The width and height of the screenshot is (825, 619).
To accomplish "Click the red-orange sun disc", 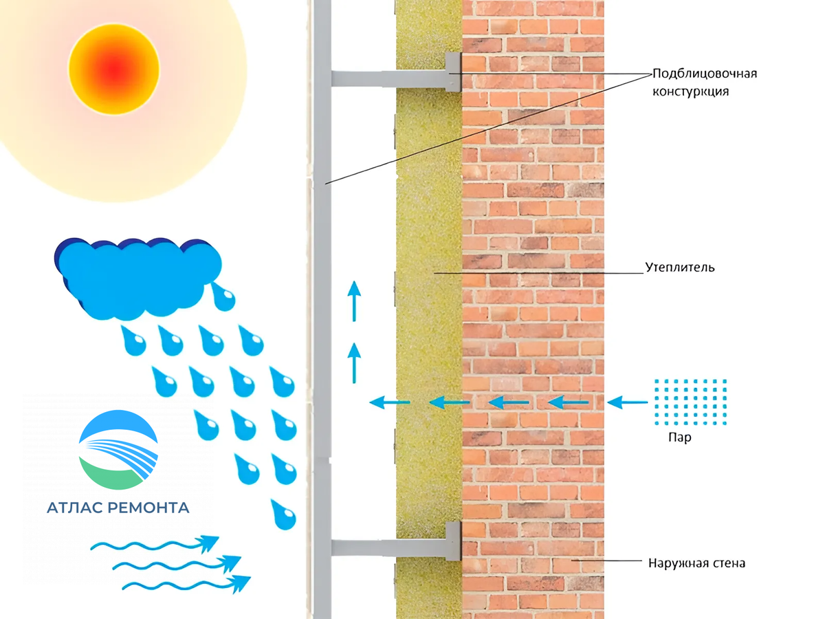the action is click(x=114, y=69).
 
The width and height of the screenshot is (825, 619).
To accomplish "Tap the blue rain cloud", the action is click(x=137, y=279).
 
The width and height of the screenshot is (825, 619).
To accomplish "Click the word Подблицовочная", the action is click(x=705, y=74).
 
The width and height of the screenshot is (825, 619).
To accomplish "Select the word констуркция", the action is click(x=690, y=91).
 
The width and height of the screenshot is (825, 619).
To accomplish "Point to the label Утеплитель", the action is click(x=680, y=268).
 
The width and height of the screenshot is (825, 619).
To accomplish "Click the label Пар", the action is click(x=679, y=437).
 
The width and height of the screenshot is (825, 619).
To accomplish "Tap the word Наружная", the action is click(x=674, y=563).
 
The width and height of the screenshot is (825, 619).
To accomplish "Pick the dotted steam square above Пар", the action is click(x=690, y=402).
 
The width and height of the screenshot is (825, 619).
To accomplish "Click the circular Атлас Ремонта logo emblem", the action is click(x=118, y=450).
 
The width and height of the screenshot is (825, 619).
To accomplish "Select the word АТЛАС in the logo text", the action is click(x=74, y=508).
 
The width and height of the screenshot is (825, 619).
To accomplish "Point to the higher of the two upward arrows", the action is click(x=354, y=301).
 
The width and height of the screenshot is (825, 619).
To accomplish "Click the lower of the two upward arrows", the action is click(x=354, y=363).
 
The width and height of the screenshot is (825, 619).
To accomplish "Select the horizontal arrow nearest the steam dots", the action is click(x=627, y=402).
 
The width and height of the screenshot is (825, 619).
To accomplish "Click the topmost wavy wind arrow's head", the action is click(x=209, y=543).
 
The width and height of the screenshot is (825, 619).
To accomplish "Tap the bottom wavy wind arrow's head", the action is click(x=241, y=584).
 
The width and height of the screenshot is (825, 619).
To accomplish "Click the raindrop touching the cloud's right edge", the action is click(x=223, y=297).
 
